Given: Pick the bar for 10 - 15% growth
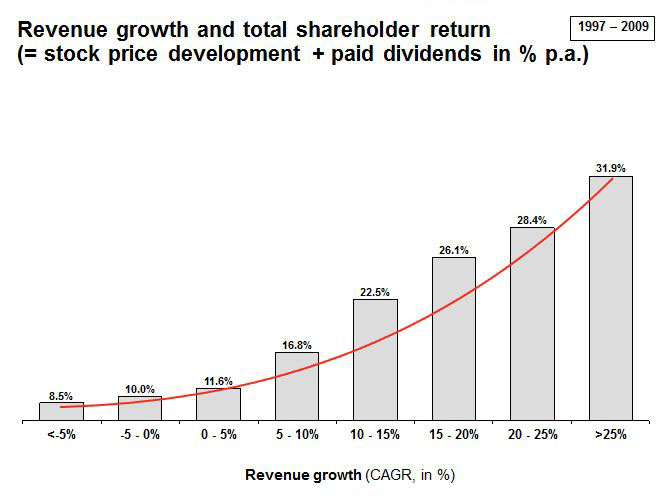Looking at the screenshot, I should (x=375, y=359).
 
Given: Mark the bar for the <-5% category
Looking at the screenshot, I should (x=61, y=411).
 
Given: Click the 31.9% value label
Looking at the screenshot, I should (x=610, y=168).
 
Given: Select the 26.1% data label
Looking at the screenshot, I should (x=454, y=250).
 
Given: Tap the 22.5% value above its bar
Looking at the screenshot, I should (x=375, y=292).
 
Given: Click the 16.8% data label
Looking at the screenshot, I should (x=297, y=345).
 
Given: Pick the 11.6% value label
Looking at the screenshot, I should (x=218, y=381).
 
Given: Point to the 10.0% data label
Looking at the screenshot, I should (x=140, y=389).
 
